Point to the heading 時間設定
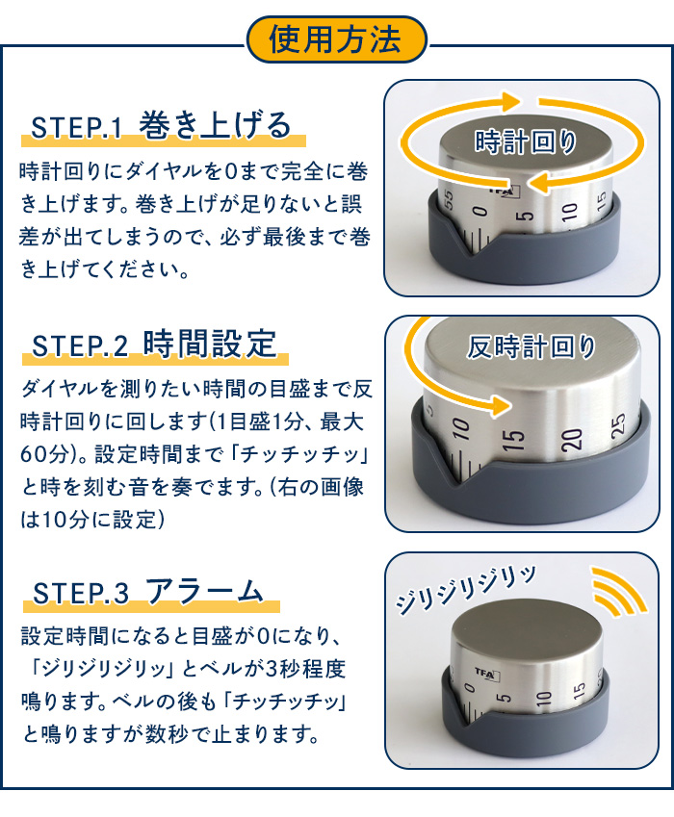tap(209, 344)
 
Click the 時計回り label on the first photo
tap(525, 143)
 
